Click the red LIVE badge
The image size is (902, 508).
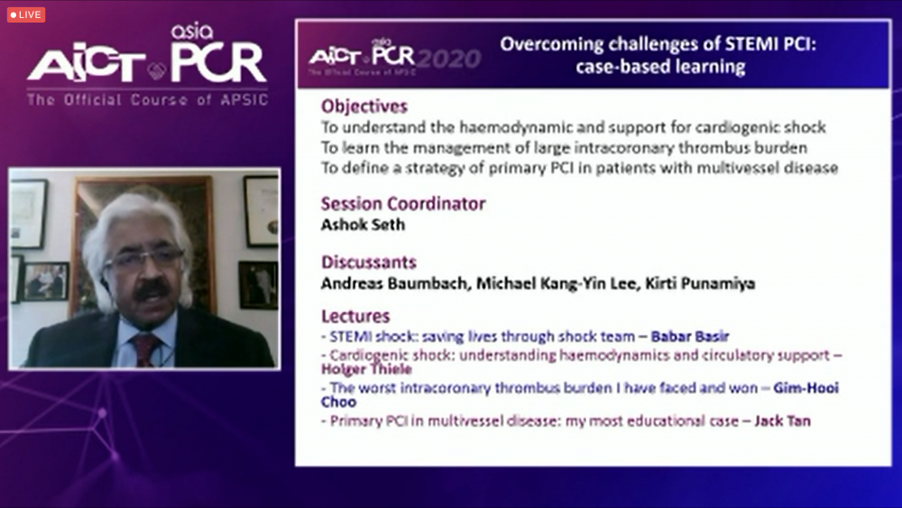26,14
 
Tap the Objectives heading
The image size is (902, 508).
364,106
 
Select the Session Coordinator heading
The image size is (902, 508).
402,204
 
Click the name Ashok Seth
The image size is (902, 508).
363,225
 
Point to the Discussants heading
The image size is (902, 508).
369,263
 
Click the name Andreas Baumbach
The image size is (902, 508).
394,283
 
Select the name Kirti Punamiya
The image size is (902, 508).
700,283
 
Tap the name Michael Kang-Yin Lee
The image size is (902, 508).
557,283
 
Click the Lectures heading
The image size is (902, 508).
355,317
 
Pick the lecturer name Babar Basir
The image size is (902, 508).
690,336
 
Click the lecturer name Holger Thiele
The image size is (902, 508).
366,369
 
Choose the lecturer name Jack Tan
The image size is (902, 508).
782,421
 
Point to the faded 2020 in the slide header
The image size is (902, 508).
449,59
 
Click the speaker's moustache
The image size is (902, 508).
152,290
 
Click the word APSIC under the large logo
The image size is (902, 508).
244,100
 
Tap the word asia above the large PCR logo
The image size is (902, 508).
192,32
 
